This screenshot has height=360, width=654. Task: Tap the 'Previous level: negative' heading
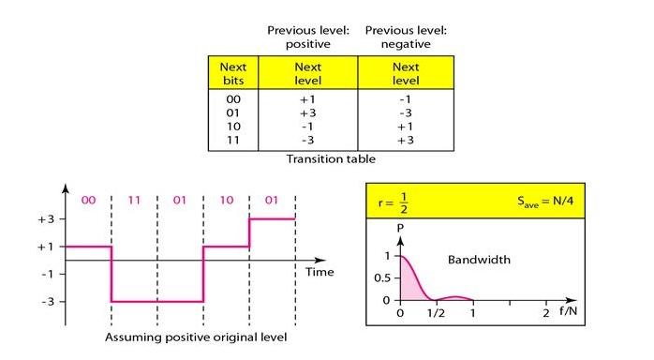(x=406, y=37)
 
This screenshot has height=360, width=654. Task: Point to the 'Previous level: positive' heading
(x=308, y=37)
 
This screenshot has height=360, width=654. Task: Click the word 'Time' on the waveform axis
(x=320, y=272)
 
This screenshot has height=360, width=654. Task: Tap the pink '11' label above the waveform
(x=135, y=200)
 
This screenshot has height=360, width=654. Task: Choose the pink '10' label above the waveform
(x=226, y=200)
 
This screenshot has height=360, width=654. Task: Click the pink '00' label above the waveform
(x=89, y=200)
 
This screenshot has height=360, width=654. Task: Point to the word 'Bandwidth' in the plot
(x=478, y=258)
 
